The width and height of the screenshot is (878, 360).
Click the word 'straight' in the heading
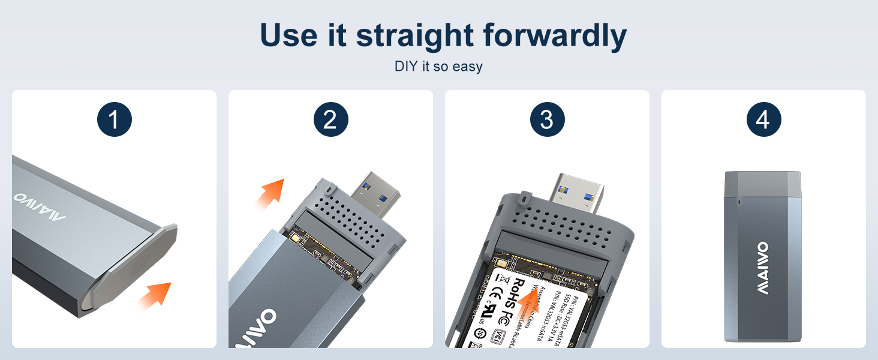coord(414,36)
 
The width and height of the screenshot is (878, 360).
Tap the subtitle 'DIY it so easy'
coord(438,67)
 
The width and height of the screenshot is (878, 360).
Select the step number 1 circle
coord(114,121)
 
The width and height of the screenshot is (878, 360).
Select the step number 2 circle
coord(330,121)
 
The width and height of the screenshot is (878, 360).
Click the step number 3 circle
coord(547,121)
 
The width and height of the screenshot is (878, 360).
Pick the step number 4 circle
coord(763,121)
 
